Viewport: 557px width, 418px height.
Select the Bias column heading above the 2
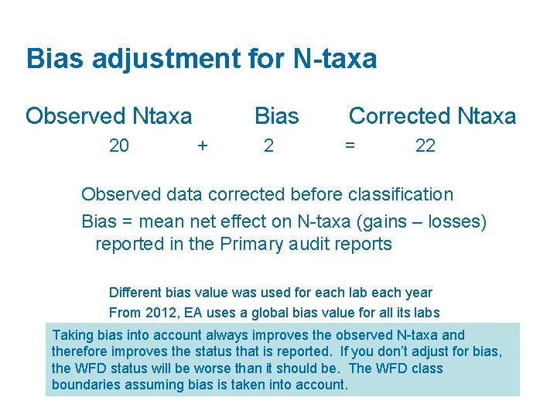[276, 116]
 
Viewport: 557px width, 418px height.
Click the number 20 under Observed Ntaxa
[119, 146]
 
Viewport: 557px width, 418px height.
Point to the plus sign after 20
[203, 146]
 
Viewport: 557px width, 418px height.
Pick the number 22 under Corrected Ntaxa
[425, 146]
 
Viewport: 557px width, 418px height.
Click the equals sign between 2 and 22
[350, 146]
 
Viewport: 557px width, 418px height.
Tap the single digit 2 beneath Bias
[268, 146]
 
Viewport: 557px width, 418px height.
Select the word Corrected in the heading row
[400, 116]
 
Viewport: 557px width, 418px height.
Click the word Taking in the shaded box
[72, 335]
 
